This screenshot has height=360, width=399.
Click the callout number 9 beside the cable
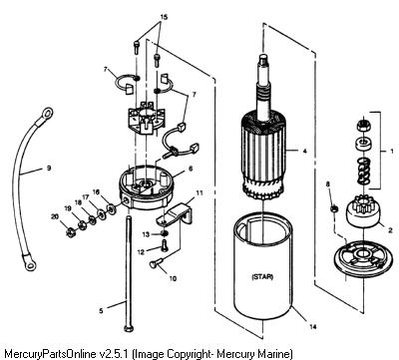[49, 169]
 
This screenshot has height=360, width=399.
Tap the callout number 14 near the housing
[312, 326]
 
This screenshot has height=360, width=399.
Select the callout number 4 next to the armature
[304, 151]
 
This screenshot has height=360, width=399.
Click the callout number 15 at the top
[164, 17]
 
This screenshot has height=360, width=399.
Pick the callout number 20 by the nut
[55, 216]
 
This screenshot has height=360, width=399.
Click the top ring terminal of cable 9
[46, 113]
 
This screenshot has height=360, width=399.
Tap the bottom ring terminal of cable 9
[29, 262]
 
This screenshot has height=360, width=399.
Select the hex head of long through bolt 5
[129, 328]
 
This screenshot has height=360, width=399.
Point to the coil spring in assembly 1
[364, 171]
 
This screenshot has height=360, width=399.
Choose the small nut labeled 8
[334, 208]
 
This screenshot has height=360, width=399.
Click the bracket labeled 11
[176, 213]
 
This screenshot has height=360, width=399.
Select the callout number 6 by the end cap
[191, 169]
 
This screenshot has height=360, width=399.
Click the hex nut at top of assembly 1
[364, 126]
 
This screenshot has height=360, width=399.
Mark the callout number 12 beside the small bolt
[141, 252]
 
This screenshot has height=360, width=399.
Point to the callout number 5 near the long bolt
[101, 311]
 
